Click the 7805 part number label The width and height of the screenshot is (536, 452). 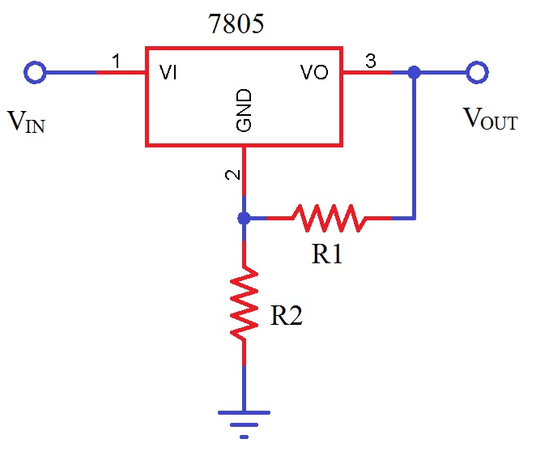point(236,25)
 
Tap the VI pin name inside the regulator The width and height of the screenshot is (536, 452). point(169,73)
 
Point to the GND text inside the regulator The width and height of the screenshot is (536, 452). point(244,111)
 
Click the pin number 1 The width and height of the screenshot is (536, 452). point(116,62)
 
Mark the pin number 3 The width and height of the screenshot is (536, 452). point(372,62)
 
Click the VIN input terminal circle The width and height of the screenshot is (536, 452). point(34,73)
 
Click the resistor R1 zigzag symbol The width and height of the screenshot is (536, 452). point(328,218)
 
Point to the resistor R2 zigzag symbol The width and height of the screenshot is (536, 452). point(244,303)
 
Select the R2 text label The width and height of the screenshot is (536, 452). point(286,316)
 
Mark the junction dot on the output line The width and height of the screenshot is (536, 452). point(415,73)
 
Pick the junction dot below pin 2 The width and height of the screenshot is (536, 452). point(244,218)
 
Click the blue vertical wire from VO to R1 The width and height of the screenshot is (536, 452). point(415,146)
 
